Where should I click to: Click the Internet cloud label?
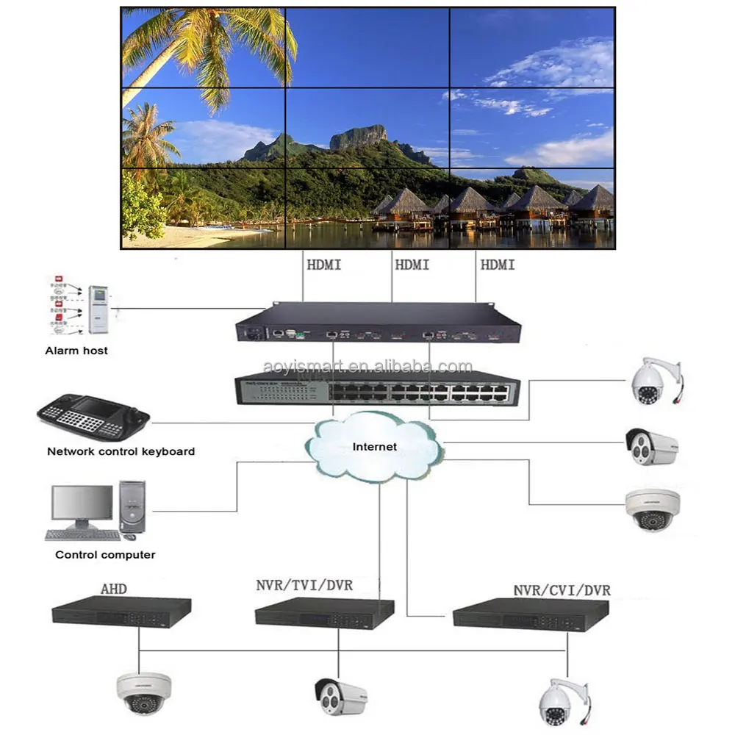tap(374, 446)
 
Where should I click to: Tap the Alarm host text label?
tap(76, 351)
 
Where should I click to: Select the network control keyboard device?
tap(93, 417)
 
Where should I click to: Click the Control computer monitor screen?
tap(82, 503)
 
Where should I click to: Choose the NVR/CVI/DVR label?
tap(562, 590)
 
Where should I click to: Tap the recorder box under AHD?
tap(122, 612)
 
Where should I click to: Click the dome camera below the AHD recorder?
tap(143, 692)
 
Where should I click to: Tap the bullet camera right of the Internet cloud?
tap(651, 445)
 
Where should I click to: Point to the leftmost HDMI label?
tap(323, 264)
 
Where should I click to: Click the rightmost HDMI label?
tap(498, 264)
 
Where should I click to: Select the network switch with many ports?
tap(377, 388)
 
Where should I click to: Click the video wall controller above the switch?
tap(377, 323)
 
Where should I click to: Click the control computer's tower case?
tap(132, 507)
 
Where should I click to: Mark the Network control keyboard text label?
tap(121, 451)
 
